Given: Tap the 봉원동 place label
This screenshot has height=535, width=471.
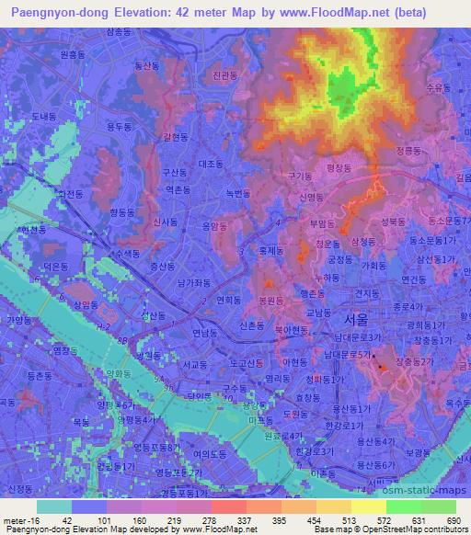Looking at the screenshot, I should pos(270,300).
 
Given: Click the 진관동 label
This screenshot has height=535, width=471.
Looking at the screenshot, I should pos(224,75).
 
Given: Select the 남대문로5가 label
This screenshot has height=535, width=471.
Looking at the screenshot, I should pos(353,355).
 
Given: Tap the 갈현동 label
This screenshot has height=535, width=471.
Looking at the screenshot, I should pos(175,137).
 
